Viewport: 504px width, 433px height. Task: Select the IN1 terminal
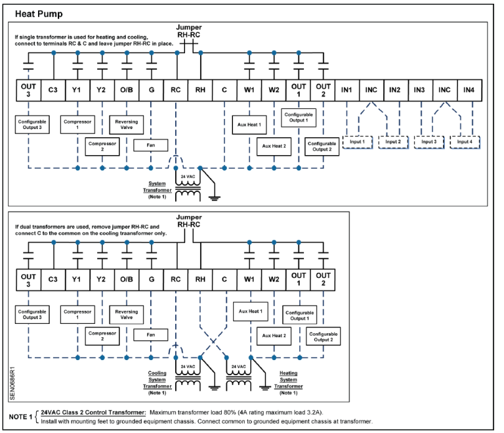pyautogui.click(x=346, y=89)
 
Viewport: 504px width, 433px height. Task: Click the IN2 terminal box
pyautogui.click(x=395, y=89)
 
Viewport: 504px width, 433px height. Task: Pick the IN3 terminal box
pyautogui.click(x=419, y=89)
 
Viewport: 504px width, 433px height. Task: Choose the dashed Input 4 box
pyautogui.click(x=465, y=141)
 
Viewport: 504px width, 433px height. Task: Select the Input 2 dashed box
pyautogui.click(x=394, y=141)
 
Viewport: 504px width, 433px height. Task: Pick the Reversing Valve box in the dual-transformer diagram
pyautogui.click(x=126, y=315)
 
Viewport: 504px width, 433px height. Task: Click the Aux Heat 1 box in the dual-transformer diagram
pyautogui.click(x=250, y=311)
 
